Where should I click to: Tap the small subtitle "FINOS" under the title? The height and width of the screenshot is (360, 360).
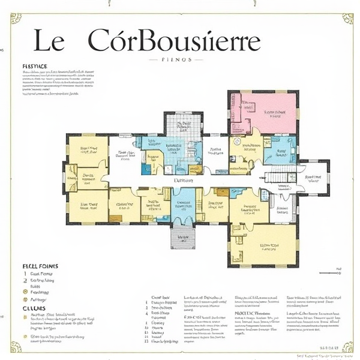click(177, 60)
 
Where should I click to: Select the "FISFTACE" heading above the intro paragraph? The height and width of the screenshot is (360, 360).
click(38, 66)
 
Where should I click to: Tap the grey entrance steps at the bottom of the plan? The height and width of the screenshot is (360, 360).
click(184, 238)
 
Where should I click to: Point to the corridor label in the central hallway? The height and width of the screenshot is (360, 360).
click(183, 180)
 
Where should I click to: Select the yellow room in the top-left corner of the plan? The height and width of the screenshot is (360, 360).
click(88, 149)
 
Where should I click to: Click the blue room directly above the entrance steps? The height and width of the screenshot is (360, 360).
click(184, 205)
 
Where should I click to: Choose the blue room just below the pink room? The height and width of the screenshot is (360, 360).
click(280, 150)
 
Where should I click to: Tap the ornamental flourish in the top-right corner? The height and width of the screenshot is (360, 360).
click(347, 17)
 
